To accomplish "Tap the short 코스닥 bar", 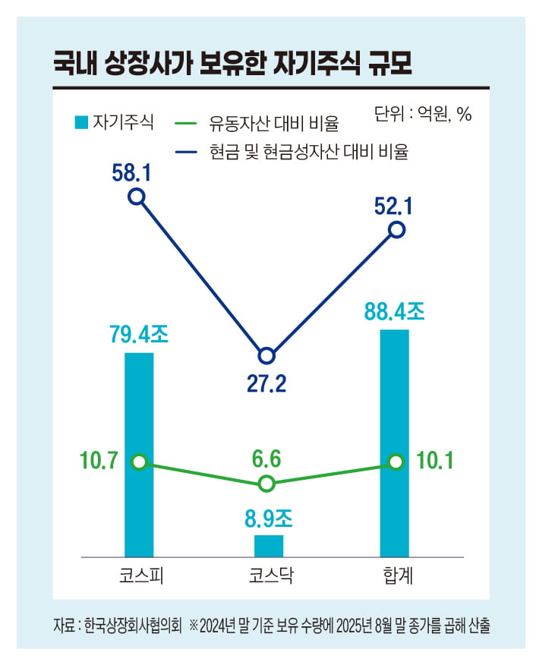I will (268, 546).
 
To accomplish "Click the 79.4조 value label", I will (137, 336).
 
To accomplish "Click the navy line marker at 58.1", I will (137, 197).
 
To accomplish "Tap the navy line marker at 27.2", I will (266, 355).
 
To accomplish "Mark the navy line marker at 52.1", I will (397, 229).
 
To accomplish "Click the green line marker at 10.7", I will (138, 462).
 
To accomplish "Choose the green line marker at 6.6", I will (266, 484).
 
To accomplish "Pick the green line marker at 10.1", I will (396, 462).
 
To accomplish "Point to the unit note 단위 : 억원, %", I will (423, 114).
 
